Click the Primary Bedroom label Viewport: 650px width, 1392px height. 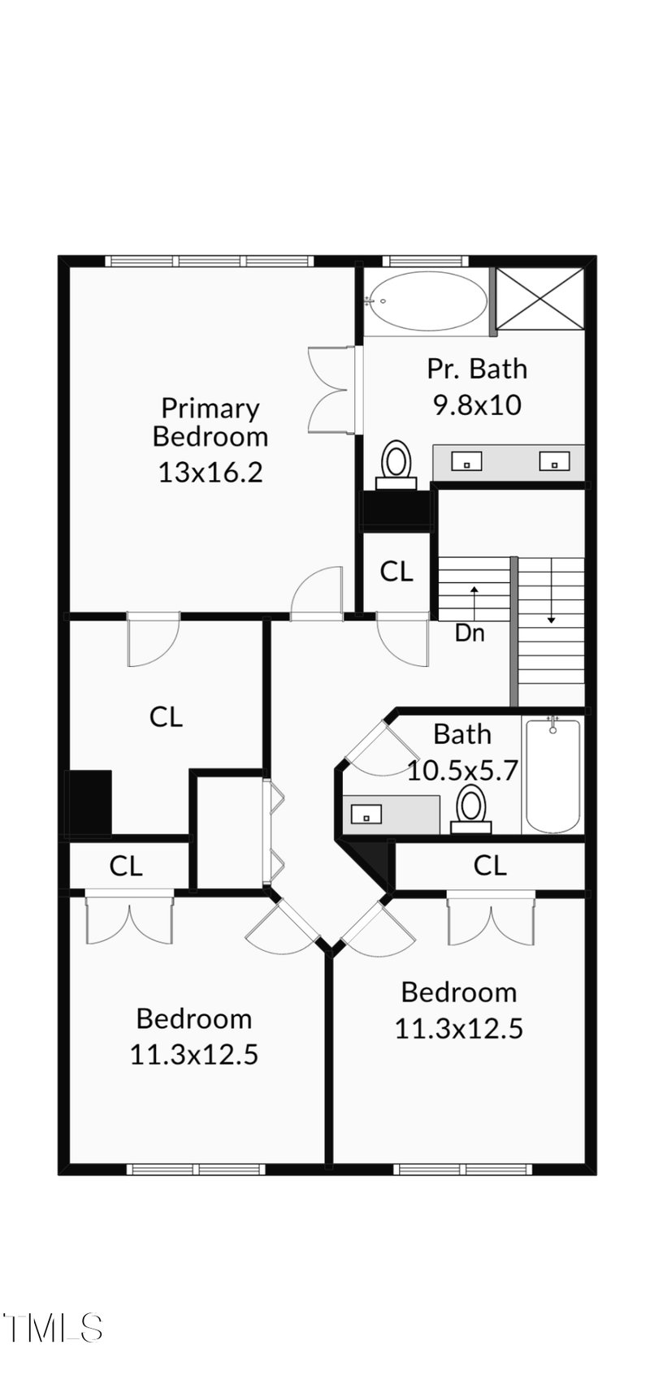[210, 421]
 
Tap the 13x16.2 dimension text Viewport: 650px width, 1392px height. [210, 472]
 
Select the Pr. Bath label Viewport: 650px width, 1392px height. [477, 369]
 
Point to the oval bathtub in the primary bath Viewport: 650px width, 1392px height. [426, 301]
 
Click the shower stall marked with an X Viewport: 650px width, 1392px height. [539, 298]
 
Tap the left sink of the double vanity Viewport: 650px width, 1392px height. [467, 462]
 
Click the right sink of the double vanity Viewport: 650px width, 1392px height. [554, 462]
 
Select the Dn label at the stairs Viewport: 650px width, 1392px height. [469, 633]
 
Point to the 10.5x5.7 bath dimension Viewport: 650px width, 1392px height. [461, 770]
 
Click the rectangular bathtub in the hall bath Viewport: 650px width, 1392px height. [552, 775]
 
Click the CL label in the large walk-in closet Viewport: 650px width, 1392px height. [167, 716]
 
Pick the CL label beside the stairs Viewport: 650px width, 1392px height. [396, 572]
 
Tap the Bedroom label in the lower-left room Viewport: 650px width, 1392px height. [193, 1018]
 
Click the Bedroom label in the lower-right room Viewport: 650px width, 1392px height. [458, 992]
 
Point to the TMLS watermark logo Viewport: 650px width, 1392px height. [52, 1327]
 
